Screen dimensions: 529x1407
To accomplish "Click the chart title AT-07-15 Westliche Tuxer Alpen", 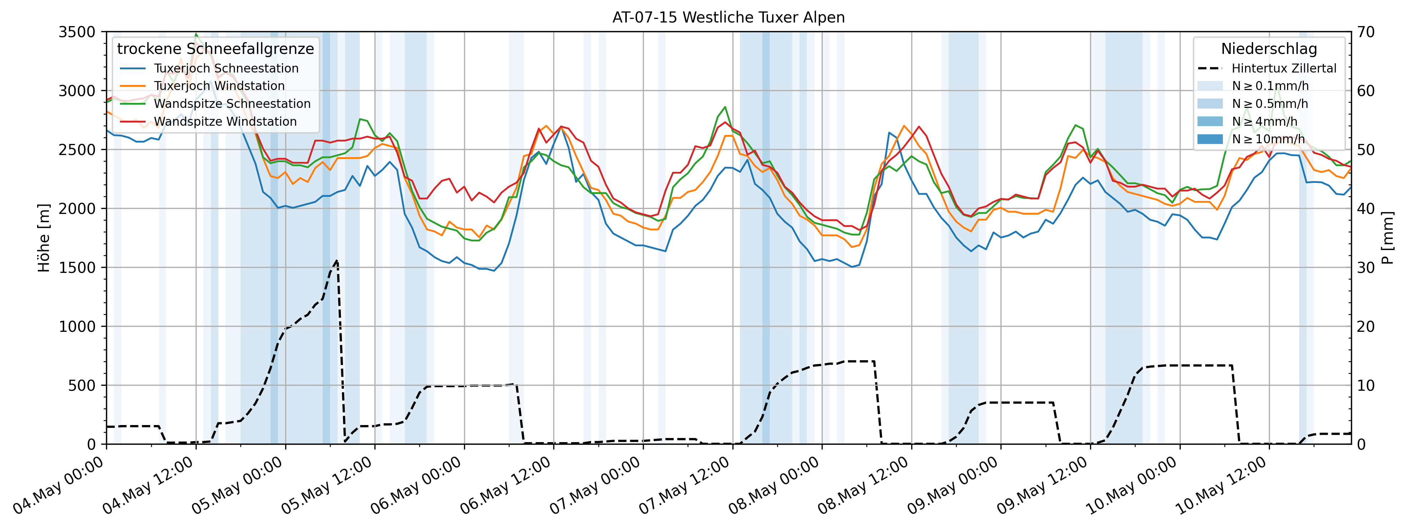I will [728, 18].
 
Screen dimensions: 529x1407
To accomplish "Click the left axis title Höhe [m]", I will [44, 238].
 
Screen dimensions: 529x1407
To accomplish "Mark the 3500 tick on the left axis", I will [76, 32].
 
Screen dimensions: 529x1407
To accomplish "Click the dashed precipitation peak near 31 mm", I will [337, 260].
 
